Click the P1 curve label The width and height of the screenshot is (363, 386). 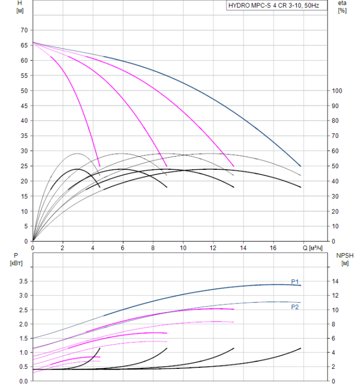(295, 282)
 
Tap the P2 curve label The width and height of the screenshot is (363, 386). (295, 307)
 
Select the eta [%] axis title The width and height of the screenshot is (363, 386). (342, 7)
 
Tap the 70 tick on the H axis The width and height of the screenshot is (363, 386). (23, 30)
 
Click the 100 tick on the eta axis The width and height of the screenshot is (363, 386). (338, 90)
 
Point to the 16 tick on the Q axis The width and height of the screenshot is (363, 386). (273, 248)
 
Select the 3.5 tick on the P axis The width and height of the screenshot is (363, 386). (22, 281)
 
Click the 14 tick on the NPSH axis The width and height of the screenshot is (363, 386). (337, 281)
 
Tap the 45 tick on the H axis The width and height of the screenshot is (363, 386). (23, 105)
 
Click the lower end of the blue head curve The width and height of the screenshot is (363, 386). (301, 166)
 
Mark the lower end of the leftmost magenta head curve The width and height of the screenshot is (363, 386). (100, 167)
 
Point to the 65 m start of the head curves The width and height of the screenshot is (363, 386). (33, 42)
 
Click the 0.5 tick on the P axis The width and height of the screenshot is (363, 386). (22, 367)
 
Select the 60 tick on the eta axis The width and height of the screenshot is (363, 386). (337, 151)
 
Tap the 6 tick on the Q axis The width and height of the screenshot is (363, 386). (122, 248)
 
